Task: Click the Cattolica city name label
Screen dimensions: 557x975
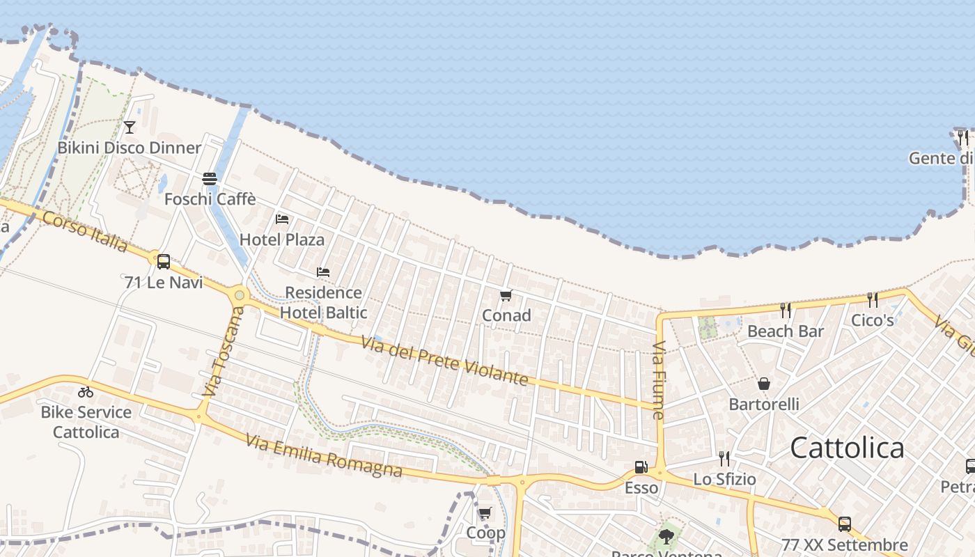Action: [x=847, y=448]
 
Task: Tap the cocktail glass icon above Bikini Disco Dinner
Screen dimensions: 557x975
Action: [x=129, y=127]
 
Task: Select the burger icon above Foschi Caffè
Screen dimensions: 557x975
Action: [x=210, y=179]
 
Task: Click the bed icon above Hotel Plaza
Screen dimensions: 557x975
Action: [x=282, y=219]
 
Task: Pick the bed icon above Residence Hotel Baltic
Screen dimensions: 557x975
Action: [x=323, y=272]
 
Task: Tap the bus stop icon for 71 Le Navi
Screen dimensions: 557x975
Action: [x=164, y=262]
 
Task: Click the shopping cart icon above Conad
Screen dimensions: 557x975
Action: [x=506, y=295]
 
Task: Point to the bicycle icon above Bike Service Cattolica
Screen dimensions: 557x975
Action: [x=86, y=392]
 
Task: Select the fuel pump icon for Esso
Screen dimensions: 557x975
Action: [x=641, y=467]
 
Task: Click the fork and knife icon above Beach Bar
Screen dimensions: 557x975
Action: [x=786, y=311]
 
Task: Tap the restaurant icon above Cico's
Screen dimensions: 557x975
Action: [x=873, y=299]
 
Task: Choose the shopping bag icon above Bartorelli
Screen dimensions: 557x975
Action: [x=764, y=384]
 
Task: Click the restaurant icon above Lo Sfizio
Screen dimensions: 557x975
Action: [x=724, y=458]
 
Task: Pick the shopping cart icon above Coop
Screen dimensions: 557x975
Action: [x=485, y=513]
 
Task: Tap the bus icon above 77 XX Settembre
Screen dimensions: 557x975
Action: [x=845, y=524]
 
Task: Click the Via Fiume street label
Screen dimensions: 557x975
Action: [x=659, y=380]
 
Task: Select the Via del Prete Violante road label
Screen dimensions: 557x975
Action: [x=444, y=359]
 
